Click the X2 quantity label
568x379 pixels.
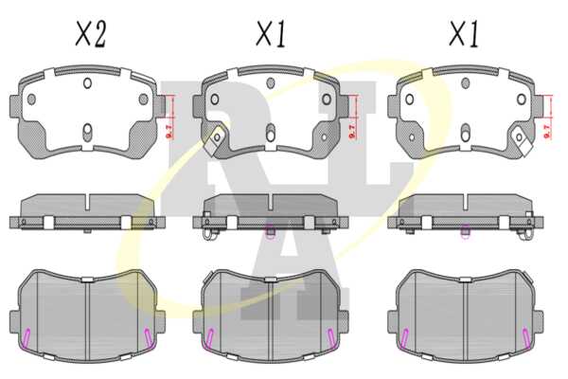(91, 34)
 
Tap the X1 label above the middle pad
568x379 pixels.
(271, 34)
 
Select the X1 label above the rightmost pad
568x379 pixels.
(464, 34)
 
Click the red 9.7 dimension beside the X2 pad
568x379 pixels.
(169, 131)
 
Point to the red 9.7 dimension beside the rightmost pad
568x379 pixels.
(547, 131)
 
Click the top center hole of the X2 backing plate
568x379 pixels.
(87, 83)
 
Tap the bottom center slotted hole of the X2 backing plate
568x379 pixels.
(87, 132)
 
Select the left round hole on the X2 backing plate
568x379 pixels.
(31, 99)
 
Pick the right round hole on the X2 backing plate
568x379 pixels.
(144, 99)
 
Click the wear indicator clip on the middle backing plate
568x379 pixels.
(215, 140)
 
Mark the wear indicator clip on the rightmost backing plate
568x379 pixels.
(522, 140)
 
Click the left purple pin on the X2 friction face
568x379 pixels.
(27, 337)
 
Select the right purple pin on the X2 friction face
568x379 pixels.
(148, 337)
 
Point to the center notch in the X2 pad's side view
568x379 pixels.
(87, 203)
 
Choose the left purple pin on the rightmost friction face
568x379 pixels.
(405, 337)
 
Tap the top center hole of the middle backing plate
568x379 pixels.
(270, 83)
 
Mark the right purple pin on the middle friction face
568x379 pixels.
(330, 337)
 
